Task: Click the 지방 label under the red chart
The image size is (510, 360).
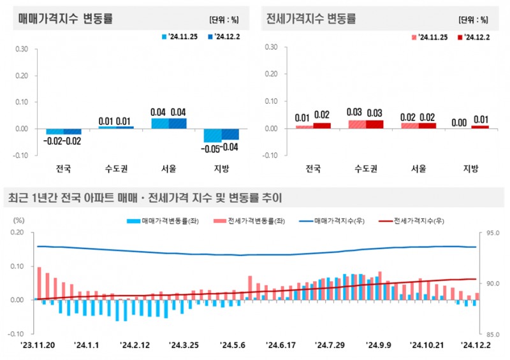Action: (470, 169)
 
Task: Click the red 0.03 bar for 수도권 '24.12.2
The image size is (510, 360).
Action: (374, 124)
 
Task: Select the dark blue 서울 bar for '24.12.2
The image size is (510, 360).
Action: (177, 123)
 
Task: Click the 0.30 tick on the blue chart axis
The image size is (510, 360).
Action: (21, 48)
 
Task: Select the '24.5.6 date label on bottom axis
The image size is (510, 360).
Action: (233, 345)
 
